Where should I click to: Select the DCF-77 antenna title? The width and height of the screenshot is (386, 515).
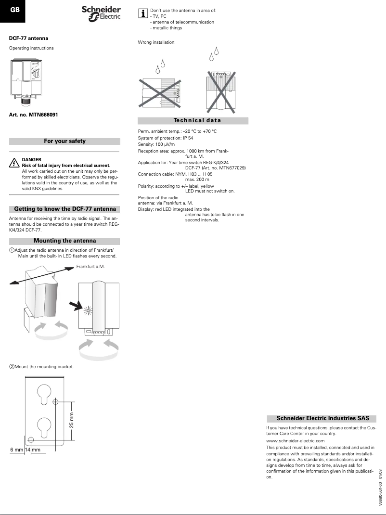coord(28,38)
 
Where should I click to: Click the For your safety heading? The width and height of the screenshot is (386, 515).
coord(64,141)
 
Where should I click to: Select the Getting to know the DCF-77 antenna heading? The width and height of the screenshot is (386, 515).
coord(64,209)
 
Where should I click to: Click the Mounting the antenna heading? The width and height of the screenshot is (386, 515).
coord(64,241)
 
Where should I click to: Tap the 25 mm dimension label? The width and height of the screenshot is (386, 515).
coord(72,420)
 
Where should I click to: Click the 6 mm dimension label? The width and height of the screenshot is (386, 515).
coord(17,450)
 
